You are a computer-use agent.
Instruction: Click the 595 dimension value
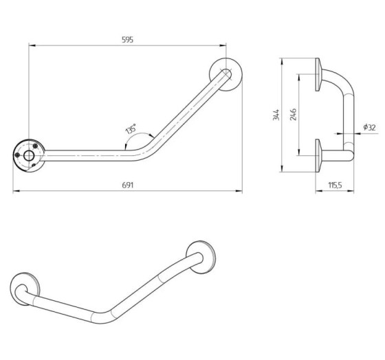[x=127, y=40]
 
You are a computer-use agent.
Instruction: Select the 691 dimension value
[x=127, y=185]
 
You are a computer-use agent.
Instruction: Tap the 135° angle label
[x=131, y=129]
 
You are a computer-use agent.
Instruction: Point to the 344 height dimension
[x=276, y=115]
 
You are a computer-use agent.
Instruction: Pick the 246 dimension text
[x=293, y=114]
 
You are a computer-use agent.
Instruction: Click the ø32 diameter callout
[x=370, y=127]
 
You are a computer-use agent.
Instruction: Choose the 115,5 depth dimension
[x=335, y=185]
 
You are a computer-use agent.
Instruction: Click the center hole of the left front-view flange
[x=29, y=156]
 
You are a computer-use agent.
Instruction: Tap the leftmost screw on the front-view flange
[x=17, y=155]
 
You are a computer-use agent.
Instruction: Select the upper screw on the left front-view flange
[x=35, y=146]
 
